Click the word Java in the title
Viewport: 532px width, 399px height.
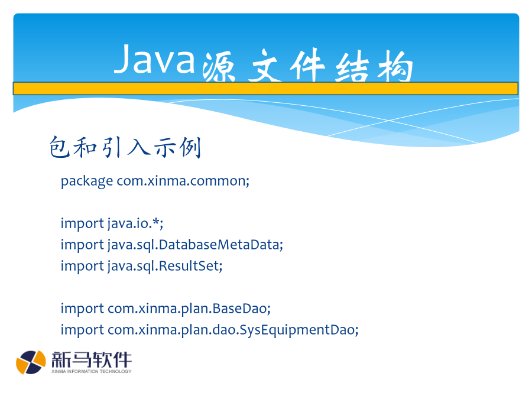pyautogui.click(x=154, y=59)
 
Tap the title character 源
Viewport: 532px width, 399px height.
pyautogui.click(x=219, y=67)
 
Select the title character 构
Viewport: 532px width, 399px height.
pyautogui.click(x=395, y=66)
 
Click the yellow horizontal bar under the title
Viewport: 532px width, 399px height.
pyautogui.click(x=265, y=89)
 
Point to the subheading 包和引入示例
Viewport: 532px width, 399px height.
pyautogui.click(x=125, y=147)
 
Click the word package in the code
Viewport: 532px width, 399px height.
pyautogui.click(x=87, y=181)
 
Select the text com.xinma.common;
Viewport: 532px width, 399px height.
pyautogui.click(x=183, y=181)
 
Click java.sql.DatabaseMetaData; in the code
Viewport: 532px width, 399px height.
pyautogui.click(x=196, y=245)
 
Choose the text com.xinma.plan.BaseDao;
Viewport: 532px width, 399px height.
pyautogui.click(x=189, y=309)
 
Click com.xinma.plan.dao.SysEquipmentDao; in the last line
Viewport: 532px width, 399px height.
pyautogui.click(x=233, y=330)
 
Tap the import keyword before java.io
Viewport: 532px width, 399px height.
pyautogui.click(x=82, y=224)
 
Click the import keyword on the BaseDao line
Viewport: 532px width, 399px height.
pyautogui.click(x=82, y=309)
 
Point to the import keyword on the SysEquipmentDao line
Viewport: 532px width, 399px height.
pyautogui.click(x=82, y=330)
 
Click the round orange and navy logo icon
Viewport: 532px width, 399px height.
pyautogui.click(x=31, y=362)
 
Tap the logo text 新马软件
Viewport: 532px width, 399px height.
pyautogui.click(x=91, y=359)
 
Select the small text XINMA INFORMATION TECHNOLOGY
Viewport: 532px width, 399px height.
pyautogui.click(x=91, y=372)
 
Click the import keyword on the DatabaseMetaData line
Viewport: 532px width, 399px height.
pyautogui.click(x=82, y=245)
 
